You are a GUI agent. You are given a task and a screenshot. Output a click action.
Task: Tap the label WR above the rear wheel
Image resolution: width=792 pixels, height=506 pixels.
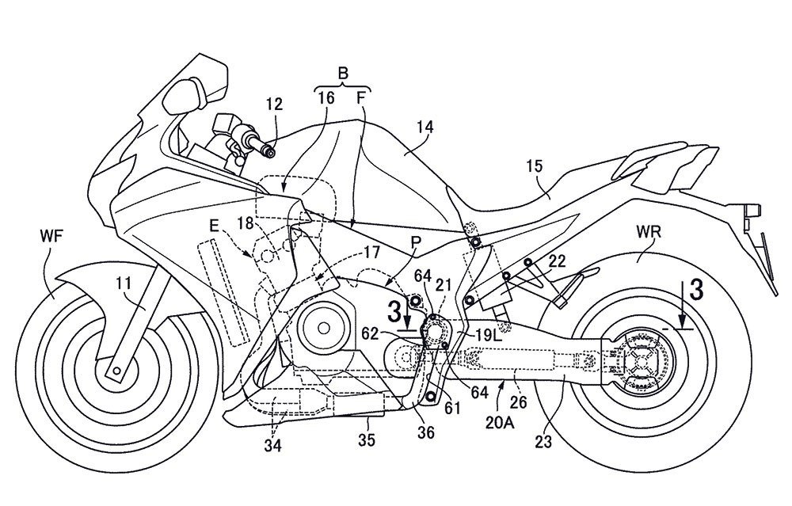click(648, 233)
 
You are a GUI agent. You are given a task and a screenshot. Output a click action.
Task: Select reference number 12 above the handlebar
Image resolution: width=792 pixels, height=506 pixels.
click(276, 105)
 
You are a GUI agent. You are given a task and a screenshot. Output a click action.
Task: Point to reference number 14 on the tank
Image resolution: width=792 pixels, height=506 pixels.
click(425, 127)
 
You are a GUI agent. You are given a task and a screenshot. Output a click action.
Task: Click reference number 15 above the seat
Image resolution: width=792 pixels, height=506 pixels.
click(534, 166)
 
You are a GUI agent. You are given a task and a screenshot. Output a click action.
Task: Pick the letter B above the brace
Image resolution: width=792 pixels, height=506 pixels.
click(343, 73)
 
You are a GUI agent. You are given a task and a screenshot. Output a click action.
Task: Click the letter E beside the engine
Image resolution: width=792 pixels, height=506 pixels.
click(214, 226)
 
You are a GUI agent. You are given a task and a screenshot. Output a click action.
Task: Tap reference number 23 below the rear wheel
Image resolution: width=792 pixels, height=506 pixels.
click(543, 442)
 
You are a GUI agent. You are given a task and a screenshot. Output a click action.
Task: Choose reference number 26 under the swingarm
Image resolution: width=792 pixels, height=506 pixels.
click(519, 401)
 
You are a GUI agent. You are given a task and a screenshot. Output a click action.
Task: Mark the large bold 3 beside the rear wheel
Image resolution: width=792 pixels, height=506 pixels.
click(696, 291)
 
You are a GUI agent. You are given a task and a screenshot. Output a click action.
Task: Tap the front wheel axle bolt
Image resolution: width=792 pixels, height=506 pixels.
click(116, 371)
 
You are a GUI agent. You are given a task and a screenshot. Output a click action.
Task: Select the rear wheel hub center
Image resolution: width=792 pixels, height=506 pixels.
click(642, 361)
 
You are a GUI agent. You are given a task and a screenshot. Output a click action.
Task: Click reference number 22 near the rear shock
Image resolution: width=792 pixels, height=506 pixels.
click(557, 262)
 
